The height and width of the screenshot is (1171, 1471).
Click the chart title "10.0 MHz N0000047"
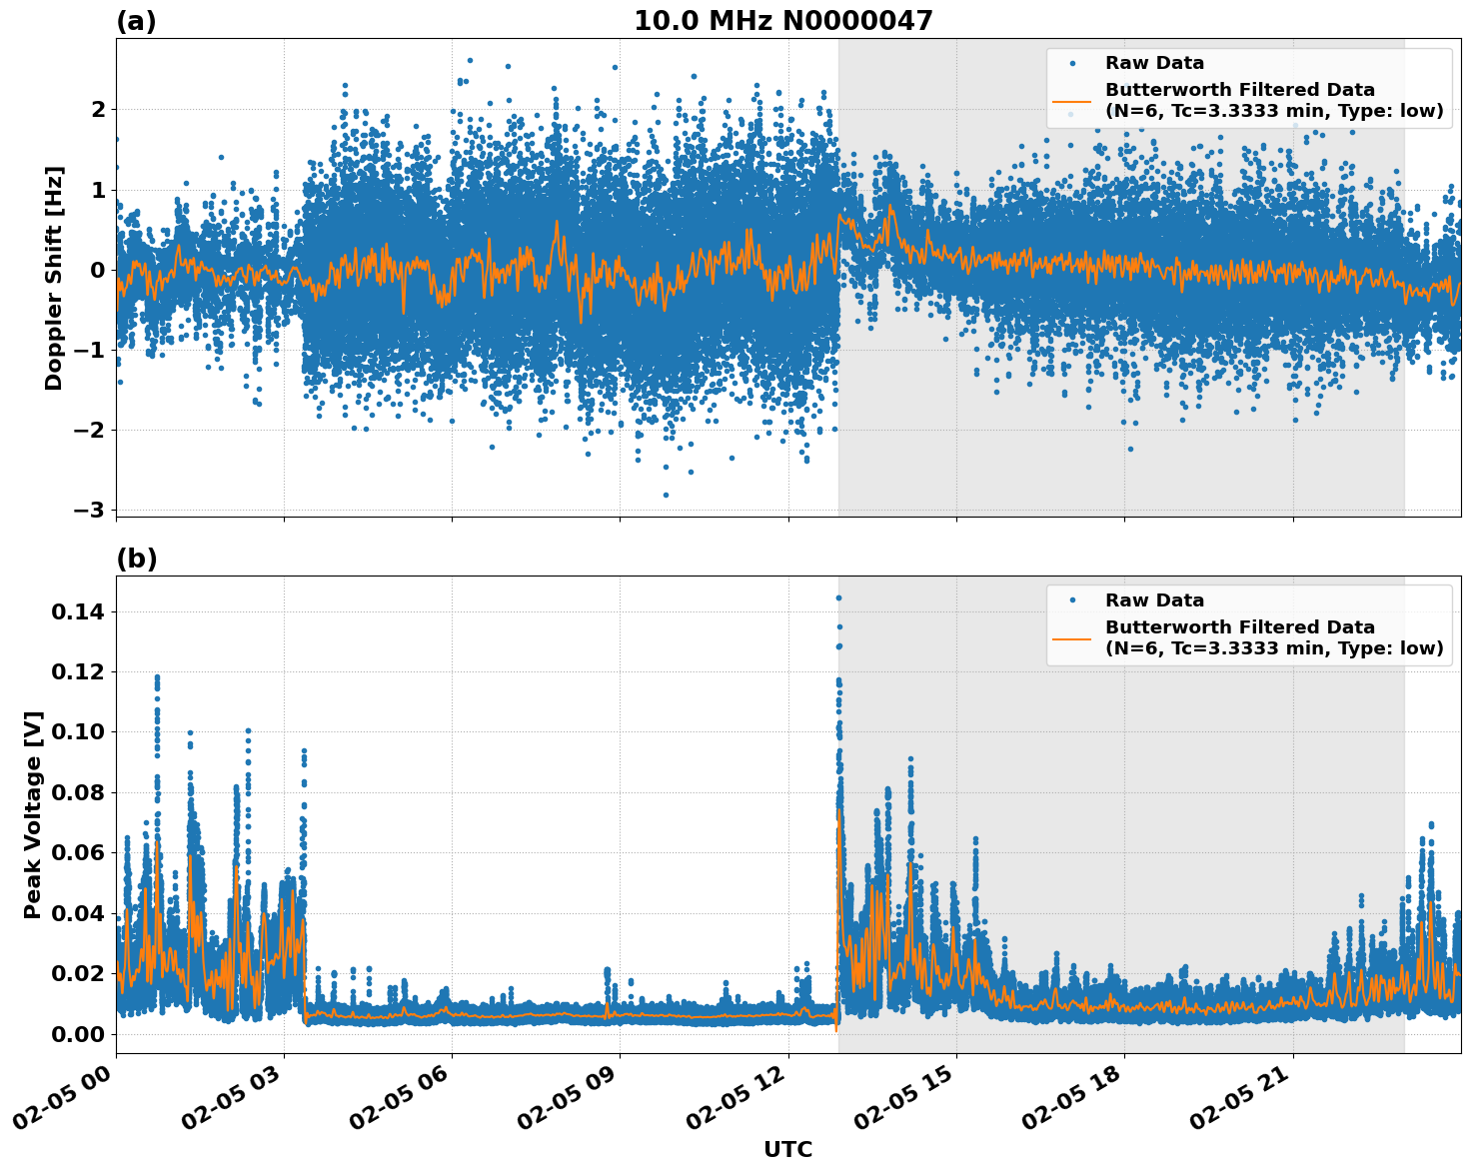pos(782,21)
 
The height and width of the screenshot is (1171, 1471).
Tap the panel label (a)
pos(137,21)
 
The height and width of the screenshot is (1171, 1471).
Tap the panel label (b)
pos(137,559)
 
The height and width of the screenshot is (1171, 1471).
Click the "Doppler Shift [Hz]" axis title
pos(54,278)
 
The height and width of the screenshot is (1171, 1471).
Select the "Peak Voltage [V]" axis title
pos(33,814)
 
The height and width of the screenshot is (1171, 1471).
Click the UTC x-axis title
pos(787,1149)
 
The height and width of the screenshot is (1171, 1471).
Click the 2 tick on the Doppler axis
pos(98,109)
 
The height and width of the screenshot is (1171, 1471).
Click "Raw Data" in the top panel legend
pos(1154,63)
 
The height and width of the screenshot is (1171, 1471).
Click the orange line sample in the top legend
pos(1071,100)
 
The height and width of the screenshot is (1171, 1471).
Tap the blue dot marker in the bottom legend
pos(1071,600)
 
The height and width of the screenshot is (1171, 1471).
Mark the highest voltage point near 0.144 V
pos(838,597)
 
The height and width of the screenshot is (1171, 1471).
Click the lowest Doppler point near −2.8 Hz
pos(666,495)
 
